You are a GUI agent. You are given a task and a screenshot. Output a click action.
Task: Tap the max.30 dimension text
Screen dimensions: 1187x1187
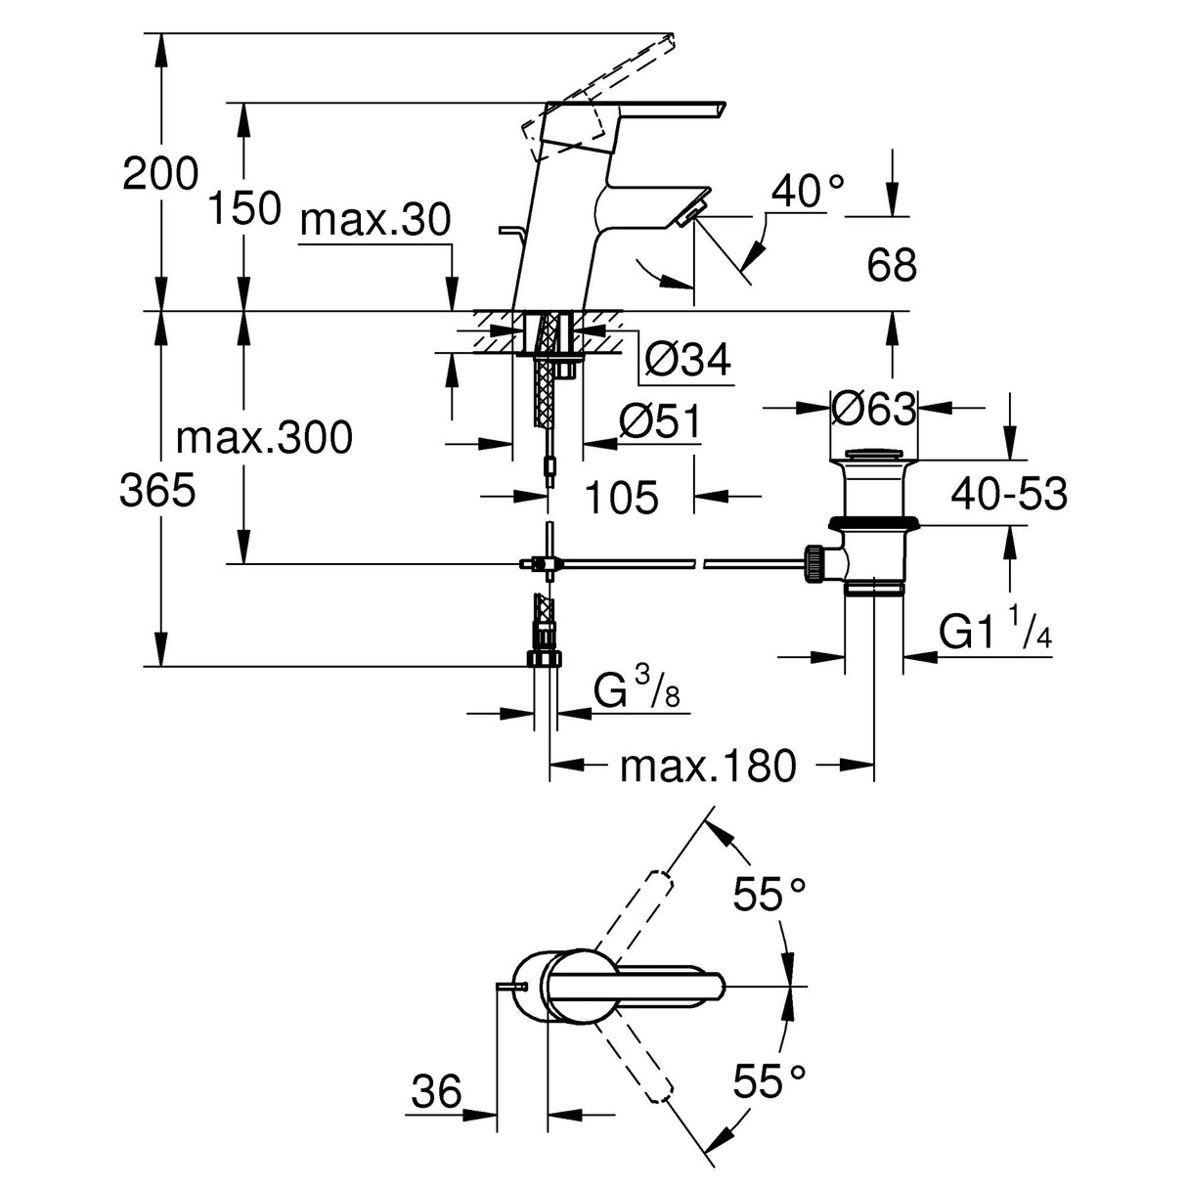click(x=375, y=222)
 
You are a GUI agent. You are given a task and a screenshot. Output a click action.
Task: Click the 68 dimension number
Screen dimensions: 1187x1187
click(x=892, y=265)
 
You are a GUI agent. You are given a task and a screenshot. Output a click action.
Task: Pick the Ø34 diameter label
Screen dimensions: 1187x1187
click(x=687, y=362)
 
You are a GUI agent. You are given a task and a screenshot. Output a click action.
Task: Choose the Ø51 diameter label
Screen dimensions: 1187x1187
click(x=660, y=422)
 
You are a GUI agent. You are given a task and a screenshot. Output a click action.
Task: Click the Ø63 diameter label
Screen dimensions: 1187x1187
click(x=873, y=408)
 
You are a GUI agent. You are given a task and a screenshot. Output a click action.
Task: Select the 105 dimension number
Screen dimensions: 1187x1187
click(x=622, y=498)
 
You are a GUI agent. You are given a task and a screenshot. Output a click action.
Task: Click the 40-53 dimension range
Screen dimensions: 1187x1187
click(x=1009, y=494)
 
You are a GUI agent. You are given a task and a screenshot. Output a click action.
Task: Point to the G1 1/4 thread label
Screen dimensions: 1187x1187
click(x=995, y=632)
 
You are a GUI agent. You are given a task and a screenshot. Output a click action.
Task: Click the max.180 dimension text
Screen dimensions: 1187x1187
click(x=708, y=766)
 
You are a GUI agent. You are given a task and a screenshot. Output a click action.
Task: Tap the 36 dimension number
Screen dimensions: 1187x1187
click(x=436, y=1091)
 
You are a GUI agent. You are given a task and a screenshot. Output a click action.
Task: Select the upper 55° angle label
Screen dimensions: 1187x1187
click(x=771, y=895)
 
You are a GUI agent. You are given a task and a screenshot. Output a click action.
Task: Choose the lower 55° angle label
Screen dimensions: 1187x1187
click(x=771, y=1081)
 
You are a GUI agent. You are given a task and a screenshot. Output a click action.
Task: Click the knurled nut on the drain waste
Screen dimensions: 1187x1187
click(x=813, y=564)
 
